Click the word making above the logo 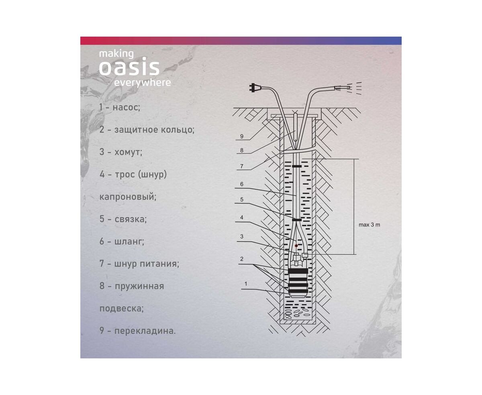click(x=116, y=54)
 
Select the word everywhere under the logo click(x=142, y=82)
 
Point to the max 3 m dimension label click(x=369, y=225)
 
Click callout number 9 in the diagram click(x=242, y=136)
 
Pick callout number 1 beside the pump click(x=246, y=284)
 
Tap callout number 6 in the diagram click(x=242, y=184)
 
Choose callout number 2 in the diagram click(x=242, y=259)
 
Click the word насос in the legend click(x=127, y=107)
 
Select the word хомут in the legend click(x=128, y=152)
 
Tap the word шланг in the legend click(x=129, y=241)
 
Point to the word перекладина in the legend click(x=145, y=331)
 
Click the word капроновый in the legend click(x=128, y=197)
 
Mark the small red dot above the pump click(x=296, y=246)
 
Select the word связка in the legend click(x=131, y=219)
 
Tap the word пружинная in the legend click(x=139, y=286)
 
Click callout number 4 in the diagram click(x=242, y=217)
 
